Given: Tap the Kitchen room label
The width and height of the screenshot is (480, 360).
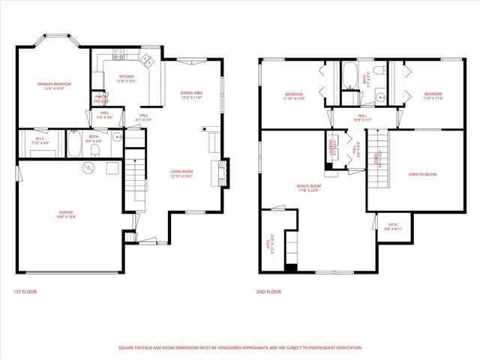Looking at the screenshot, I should pyautogui.click(x=127, y=77).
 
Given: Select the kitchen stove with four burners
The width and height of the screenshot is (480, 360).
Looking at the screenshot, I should pyautogui.click(x=118, y=54).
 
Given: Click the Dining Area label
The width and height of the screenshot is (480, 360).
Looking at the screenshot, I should pyautogui.click(x=192, y=94).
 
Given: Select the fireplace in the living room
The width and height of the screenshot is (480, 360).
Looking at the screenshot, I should pyautogui.click(x=220, y=170).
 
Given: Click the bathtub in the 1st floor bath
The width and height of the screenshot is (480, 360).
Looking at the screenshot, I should pyautogui.click(x=75, y=145).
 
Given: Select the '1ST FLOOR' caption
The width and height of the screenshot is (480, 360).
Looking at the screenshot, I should pyautogui.click(x=25, y=291).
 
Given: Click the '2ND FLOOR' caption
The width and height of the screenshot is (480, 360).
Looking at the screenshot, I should pyautogui.click(x=268, y=291).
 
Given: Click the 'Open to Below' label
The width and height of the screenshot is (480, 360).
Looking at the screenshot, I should pyautogui.click(x=422, y=174).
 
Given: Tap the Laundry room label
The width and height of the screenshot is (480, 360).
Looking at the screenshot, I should pyautogui.click(x=330, y=143).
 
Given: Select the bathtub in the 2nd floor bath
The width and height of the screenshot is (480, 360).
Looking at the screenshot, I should pyautogui.click(x=350, y=76).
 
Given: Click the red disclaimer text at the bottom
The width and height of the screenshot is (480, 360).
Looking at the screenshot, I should pyautogui.click(x=240, y=347).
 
